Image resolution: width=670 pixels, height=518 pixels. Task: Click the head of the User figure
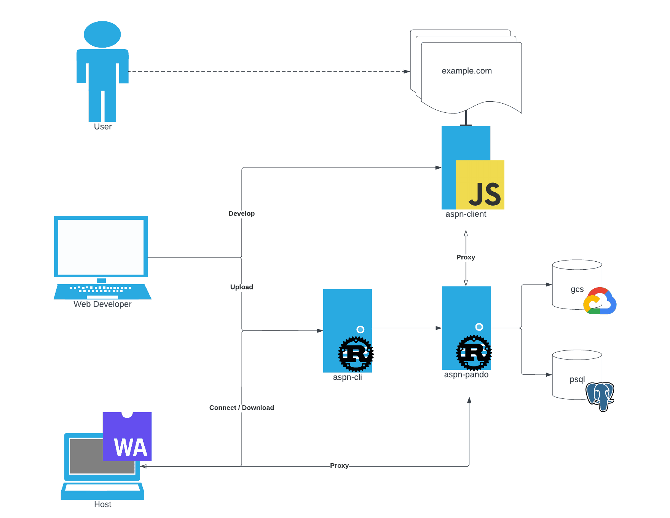click(102, 34)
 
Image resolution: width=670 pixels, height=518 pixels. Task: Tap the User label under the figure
click(103, 127)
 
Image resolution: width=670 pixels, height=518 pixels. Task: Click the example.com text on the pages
click(467, 71)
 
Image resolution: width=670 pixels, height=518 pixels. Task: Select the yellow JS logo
click(480, 185)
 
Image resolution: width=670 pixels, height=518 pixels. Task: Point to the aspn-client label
click(466, 214)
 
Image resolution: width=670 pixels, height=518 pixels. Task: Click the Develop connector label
click(242, 214)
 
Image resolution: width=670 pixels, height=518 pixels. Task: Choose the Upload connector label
click(242, 287)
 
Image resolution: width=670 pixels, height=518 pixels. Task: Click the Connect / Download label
click(242, 408)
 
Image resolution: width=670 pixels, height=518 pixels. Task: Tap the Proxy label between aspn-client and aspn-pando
click(466, 257)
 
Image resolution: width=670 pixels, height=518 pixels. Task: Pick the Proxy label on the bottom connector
click(339, 466)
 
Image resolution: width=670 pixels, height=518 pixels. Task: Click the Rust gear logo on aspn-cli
click(356, 354)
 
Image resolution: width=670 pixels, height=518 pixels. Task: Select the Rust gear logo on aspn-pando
click(474, 353)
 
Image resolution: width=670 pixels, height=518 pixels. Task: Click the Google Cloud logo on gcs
click(600, 301)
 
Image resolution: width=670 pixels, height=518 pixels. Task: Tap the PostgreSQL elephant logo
click(600, 396)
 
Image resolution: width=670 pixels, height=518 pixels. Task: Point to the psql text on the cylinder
click(577, 379)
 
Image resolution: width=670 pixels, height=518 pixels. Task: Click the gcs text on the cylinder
click(577, 289)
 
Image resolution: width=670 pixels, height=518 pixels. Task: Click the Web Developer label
click(102, 304)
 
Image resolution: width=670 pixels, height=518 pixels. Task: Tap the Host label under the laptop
click(103, 505)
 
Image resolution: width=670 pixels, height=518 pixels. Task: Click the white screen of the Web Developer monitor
click(101, 247)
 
